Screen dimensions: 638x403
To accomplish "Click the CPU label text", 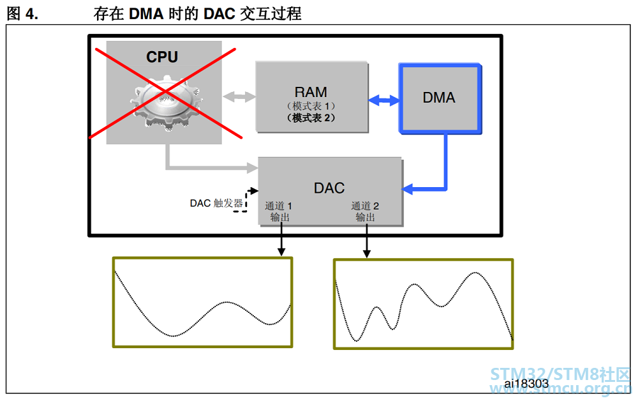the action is click(x=162, y=57).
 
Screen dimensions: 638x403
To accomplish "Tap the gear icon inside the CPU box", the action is click(x=167, y=102).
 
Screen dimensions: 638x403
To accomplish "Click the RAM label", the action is click(x=311, y=92).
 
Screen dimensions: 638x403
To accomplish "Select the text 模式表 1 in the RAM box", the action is click(x=311, y=106).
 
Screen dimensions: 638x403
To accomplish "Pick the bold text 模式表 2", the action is click(x=311, y=118).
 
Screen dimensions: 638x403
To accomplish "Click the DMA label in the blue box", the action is click(x=439, y=98).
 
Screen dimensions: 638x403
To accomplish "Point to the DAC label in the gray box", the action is click(x=329, y=188).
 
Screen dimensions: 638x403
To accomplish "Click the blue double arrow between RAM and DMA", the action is click(x=384, y=100).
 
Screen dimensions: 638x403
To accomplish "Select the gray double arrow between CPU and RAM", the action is click(x=239, y=97).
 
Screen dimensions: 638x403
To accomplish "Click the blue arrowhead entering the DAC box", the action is click(x=407, y=188).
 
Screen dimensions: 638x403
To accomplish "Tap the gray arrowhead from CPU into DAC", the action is click(x=252, y=167).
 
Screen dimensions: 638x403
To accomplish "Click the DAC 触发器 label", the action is click(x=216, y=203).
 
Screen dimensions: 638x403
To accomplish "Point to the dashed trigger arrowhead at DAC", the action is click(x=254, y=191).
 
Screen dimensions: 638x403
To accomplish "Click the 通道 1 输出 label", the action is click(x=279, y=211).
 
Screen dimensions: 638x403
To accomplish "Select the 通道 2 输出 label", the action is click(x=365, y=211).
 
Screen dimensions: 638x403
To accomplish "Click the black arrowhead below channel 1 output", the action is click(x=281, y=252).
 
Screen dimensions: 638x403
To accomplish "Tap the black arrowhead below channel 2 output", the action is click(x=367, y=254).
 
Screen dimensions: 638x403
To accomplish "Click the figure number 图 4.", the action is click(x=22, y=14).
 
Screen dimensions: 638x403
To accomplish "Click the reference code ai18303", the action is click(x=526, y=383).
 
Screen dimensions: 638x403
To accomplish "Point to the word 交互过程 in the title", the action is click(x=271, y=14).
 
